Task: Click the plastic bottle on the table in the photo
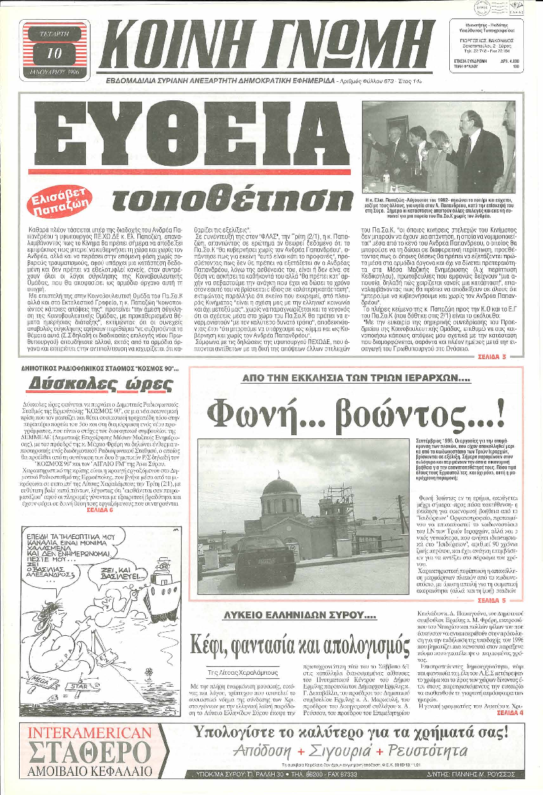(x=386, y=179)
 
